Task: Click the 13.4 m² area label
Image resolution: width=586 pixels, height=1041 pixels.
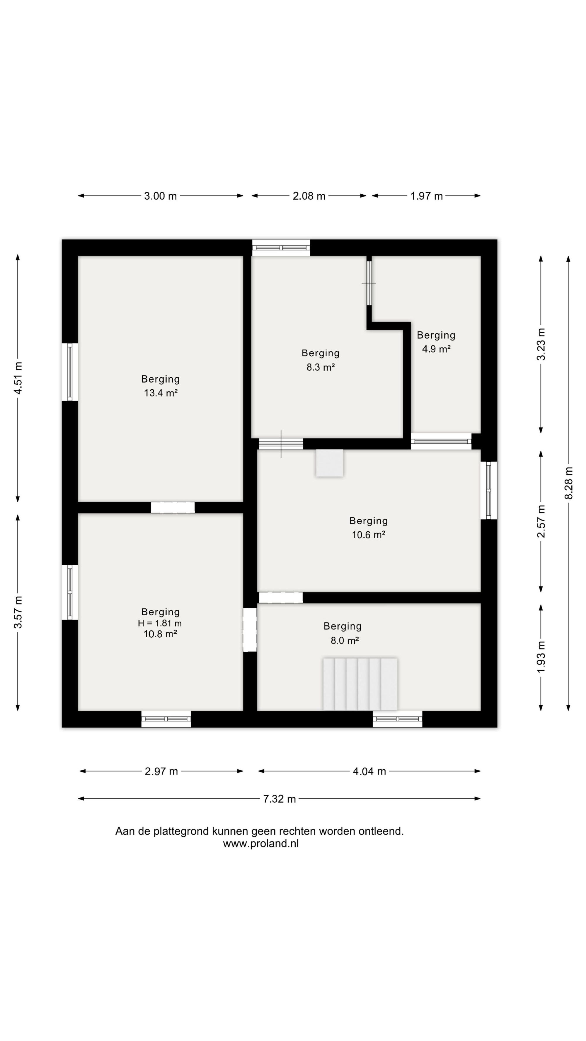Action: tap(161, 393)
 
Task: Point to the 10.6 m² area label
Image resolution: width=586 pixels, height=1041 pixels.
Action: tap(368, 535)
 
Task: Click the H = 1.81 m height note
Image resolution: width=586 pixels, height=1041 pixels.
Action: tap(160, 623)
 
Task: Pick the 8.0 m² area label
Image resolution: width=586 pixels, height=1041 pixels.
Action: tap(345, 640)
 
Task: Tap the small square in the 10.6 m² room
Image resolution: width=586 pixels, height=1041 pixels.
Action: tap(330, 463)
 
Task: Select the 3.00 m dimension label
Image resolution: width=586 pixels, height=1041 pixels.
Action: tap(161, 196)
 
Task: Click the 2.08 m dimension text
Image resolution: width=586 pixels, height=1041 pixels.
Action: tap(309, 196)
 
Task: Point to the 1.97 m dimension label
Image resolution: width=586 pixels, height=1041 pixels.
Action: tap(427, 196)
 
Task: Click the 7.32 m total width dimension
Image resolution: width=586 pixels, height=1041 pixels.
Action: tap(280, 799)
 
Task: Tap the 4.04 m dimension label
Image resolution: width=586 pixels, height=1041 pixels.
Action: tap(369, 771)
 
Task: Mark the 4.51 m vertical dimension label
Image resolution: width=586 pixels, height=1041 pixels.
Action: tap(18, 378)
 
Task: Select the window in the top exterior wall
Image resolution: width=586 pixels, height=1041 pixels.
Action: tap(281, 248)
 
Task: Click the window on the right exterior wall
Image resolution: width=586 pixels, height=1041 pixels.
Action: tap(489, 490)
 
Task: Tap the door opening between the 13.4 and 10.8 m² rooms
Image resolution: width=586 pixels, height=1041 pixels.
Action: tap(173, 508)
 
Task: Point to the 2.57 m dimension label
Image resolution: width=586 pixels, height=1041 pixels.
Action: tap(541, 521)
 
